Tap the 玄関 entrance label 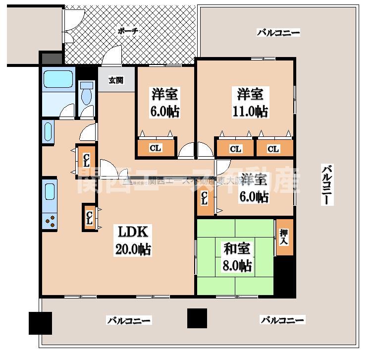coord(116,80)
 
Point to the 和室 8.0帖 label coord(236,257)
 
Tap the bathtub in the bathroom coord(58,80)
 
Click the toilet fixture coord(87,94)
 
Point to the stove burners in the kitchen coord(50,220)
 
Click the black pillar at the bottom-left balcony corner coord(40,323)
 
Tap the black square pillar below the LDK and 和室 coord(197,318)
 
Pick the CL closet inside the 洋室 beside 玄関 coord(156,148)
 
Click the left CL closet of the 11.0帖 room coord(235,148)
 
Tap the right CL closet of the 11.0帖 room coord(273,148)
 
